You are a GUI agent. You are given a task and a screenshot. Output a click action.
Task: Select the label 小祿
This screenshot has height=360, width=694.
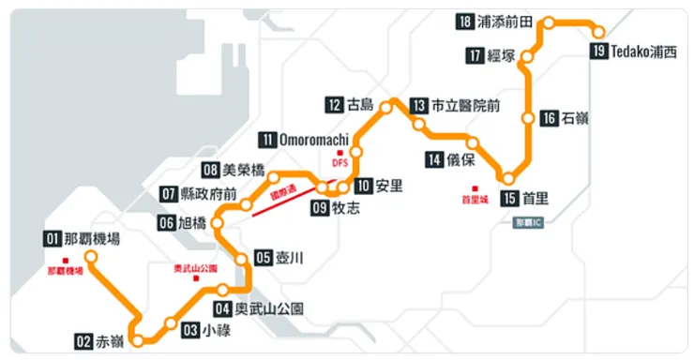[x=215, y=330]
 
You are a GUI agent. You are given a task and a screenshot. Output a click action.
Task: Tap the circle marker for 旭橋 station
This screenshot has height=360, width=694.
[x=218, y=223]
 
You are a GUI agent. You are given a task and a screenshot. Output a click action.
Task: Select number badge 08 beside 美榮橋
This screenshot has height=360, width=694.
[x=210, y=171]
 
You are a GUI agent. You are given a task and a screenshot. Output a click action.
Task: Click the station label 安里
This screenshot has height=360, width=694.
[x=388, y=186]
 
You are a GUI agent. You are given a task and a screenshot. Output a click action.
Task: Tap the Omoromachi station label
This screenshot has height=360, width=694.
[x=315, y=140]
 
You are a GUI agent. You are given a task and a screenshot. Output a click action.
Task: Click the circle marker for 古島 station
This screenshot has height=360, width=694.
[x=385, y=108]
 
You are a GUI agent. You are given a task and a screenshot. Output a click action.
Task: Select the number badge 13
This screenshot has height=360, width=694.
[x=418, y=106]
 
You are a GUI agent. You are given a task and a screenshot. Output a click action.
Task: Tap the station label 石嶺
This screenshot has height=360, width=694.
[x=575, y=118]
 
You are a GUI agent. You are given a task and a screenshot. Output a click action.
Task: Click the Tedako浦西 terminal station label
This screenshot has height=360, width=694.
[x=642, y=52]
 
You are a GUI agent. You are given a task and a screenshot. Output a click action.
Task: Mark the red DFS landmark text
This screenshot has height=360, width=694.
[x=339, y=162]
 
